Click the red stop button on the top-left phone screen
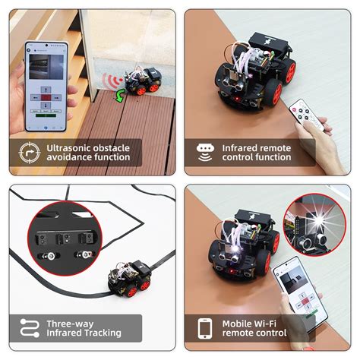click(46, 98)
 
